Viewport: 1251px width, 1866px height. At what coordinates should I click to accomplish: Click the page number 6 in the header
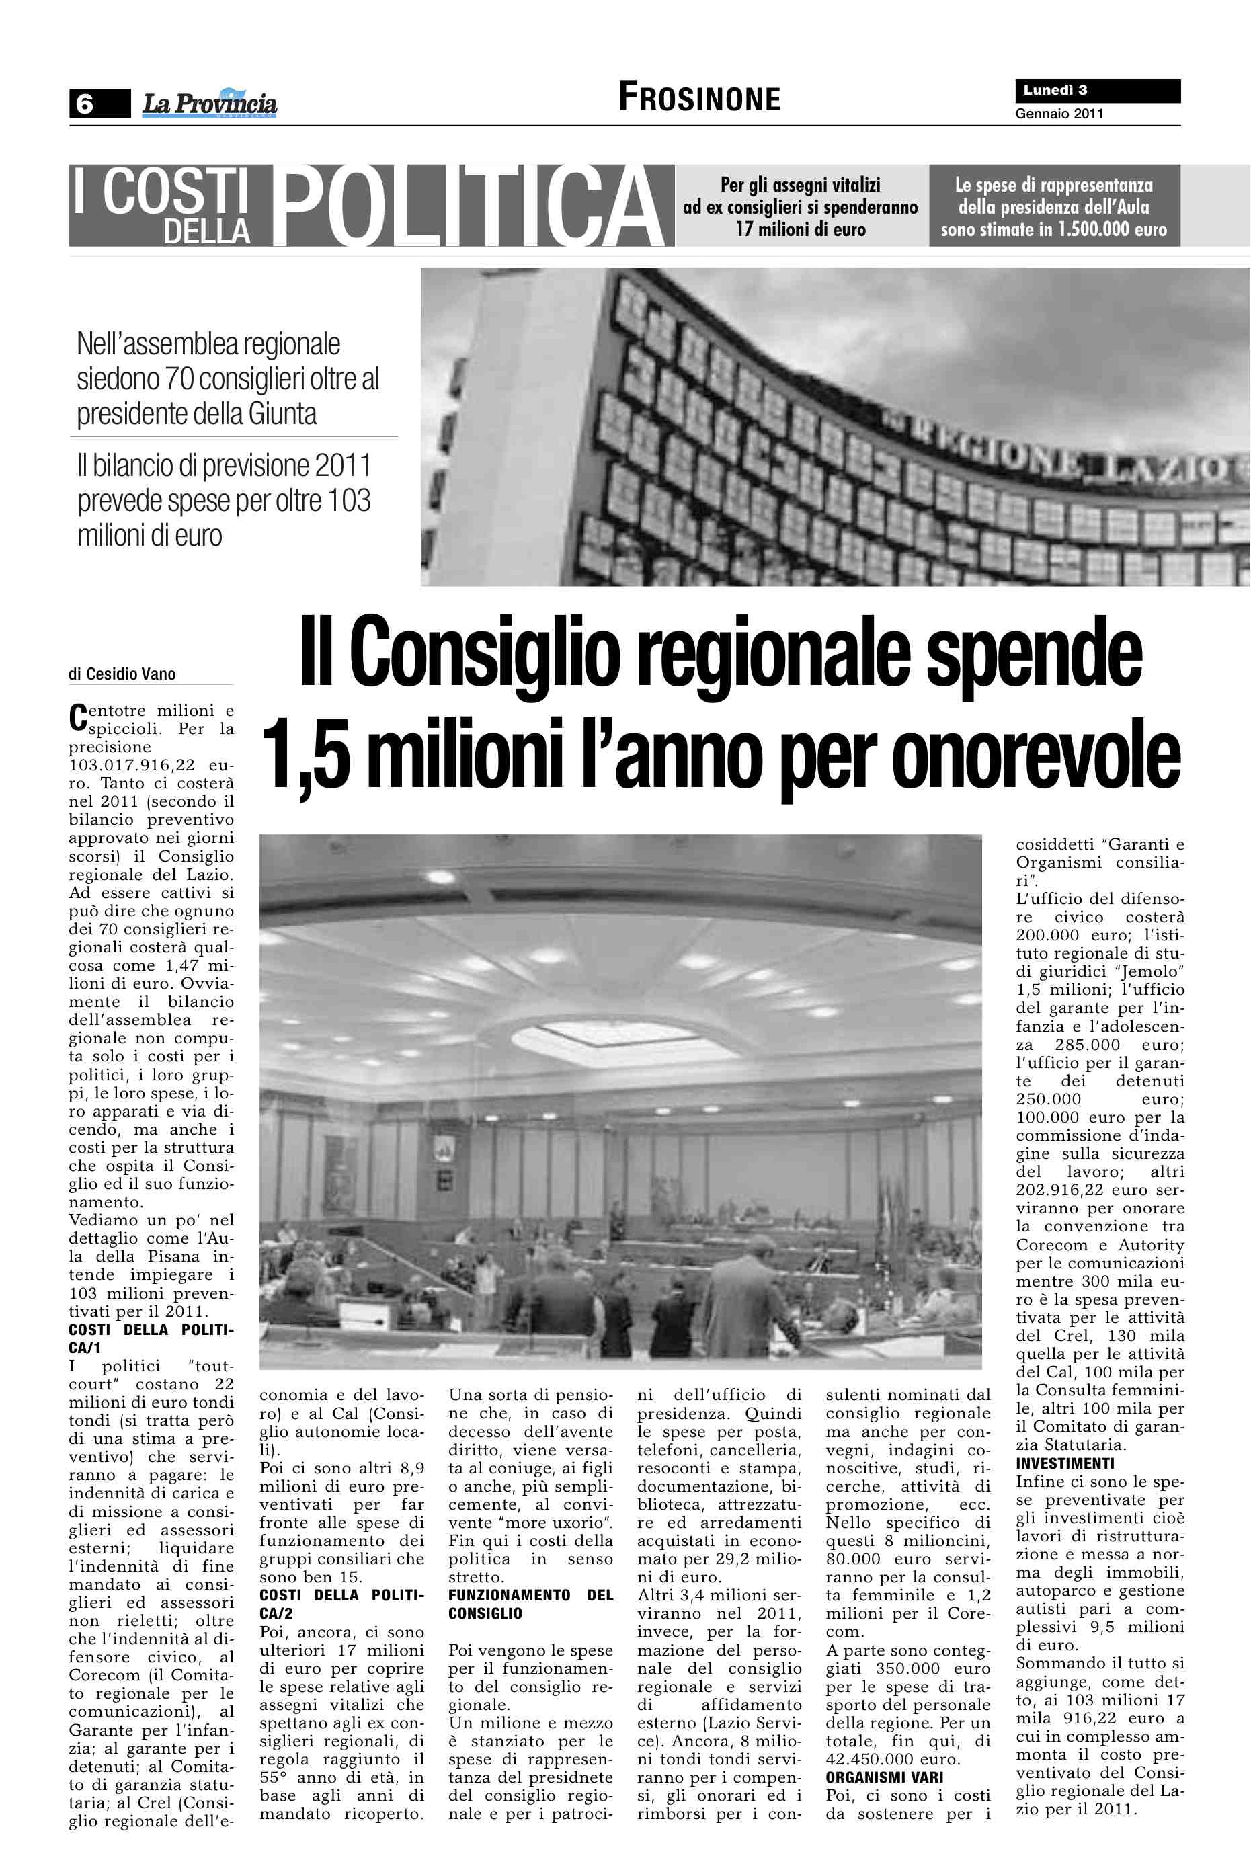[x=85, y=104]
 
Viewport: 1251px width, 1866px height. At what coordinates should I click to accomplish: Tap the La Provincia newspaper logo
[x=209, y=104]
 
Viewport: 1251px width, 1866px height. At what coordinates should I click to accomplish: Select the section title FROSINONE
[x=699, y=98]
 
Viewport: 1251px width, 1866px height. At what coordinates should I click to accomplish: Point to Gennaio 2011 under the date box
[x=1059, y=114]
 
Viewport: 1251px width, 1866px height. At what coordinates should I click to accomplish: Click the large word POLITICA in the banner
[x=471, y=206]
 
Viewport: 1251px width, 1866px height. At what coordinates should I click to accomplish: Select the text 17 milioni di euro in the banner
[x=800, y=230]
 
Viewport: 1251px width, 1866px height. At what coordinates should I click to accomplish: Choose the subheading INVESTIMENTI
[x=1064, y=1463]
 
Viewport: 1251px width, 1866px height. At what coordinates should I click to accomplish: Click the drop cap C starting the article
[x=77, y=717]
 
